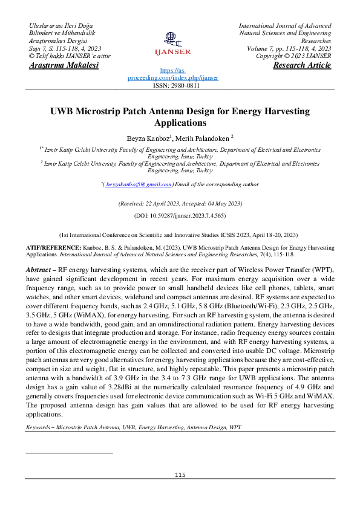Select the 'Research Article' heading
302,65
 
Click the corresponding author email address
139,184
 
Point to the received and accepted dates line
180,204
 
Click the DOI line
180,215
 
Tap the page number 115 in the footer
180,475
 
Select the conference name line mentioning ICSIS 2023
180,233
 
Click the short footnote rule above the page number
70,452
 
